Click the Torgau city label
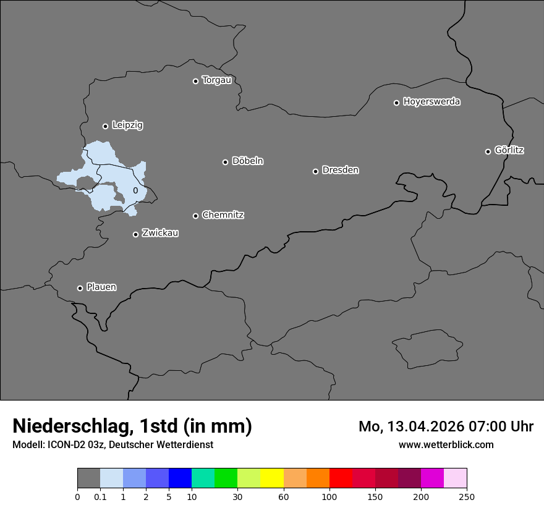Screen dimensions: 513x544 tap(216, 80)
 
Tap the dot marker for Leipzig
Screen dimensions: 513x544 tap(106, 126)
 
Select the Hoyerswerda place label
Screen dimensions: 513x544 tap(431, 102)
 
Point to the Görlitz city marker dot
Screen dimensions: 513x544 tap(488, 151)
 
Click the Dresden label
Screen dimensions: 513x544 tap(340, 170)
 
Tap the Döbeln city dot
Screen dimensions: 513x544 tap(226, 162)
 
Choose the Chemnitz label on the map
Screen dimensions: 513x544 tap(223, 215)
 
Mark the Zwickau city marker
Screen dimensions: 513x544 tap(136, 234)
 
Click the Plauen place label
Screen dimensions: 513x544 tap(101, 287)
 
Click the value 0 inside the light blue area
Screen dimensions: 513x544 tap(135, 191)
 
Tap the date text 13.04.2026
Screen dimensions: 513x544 tap(427, 426)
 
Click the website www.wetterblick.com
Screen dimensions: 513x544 tap(446, 444)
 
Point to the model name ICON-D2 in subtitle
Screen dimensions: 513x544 tap(68, 444)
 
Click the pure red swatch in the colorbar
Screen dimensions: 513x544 tap(341, 478)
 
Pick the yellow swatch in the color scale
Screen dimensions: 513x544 tap(272, 478)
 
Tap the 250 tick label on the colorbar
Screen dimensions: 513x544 tap(467, 496)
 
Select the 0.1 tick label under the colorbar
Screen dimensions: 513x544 tap(100, 496)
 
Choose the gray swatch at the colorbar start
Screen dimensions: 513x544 tap(88, 478)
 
